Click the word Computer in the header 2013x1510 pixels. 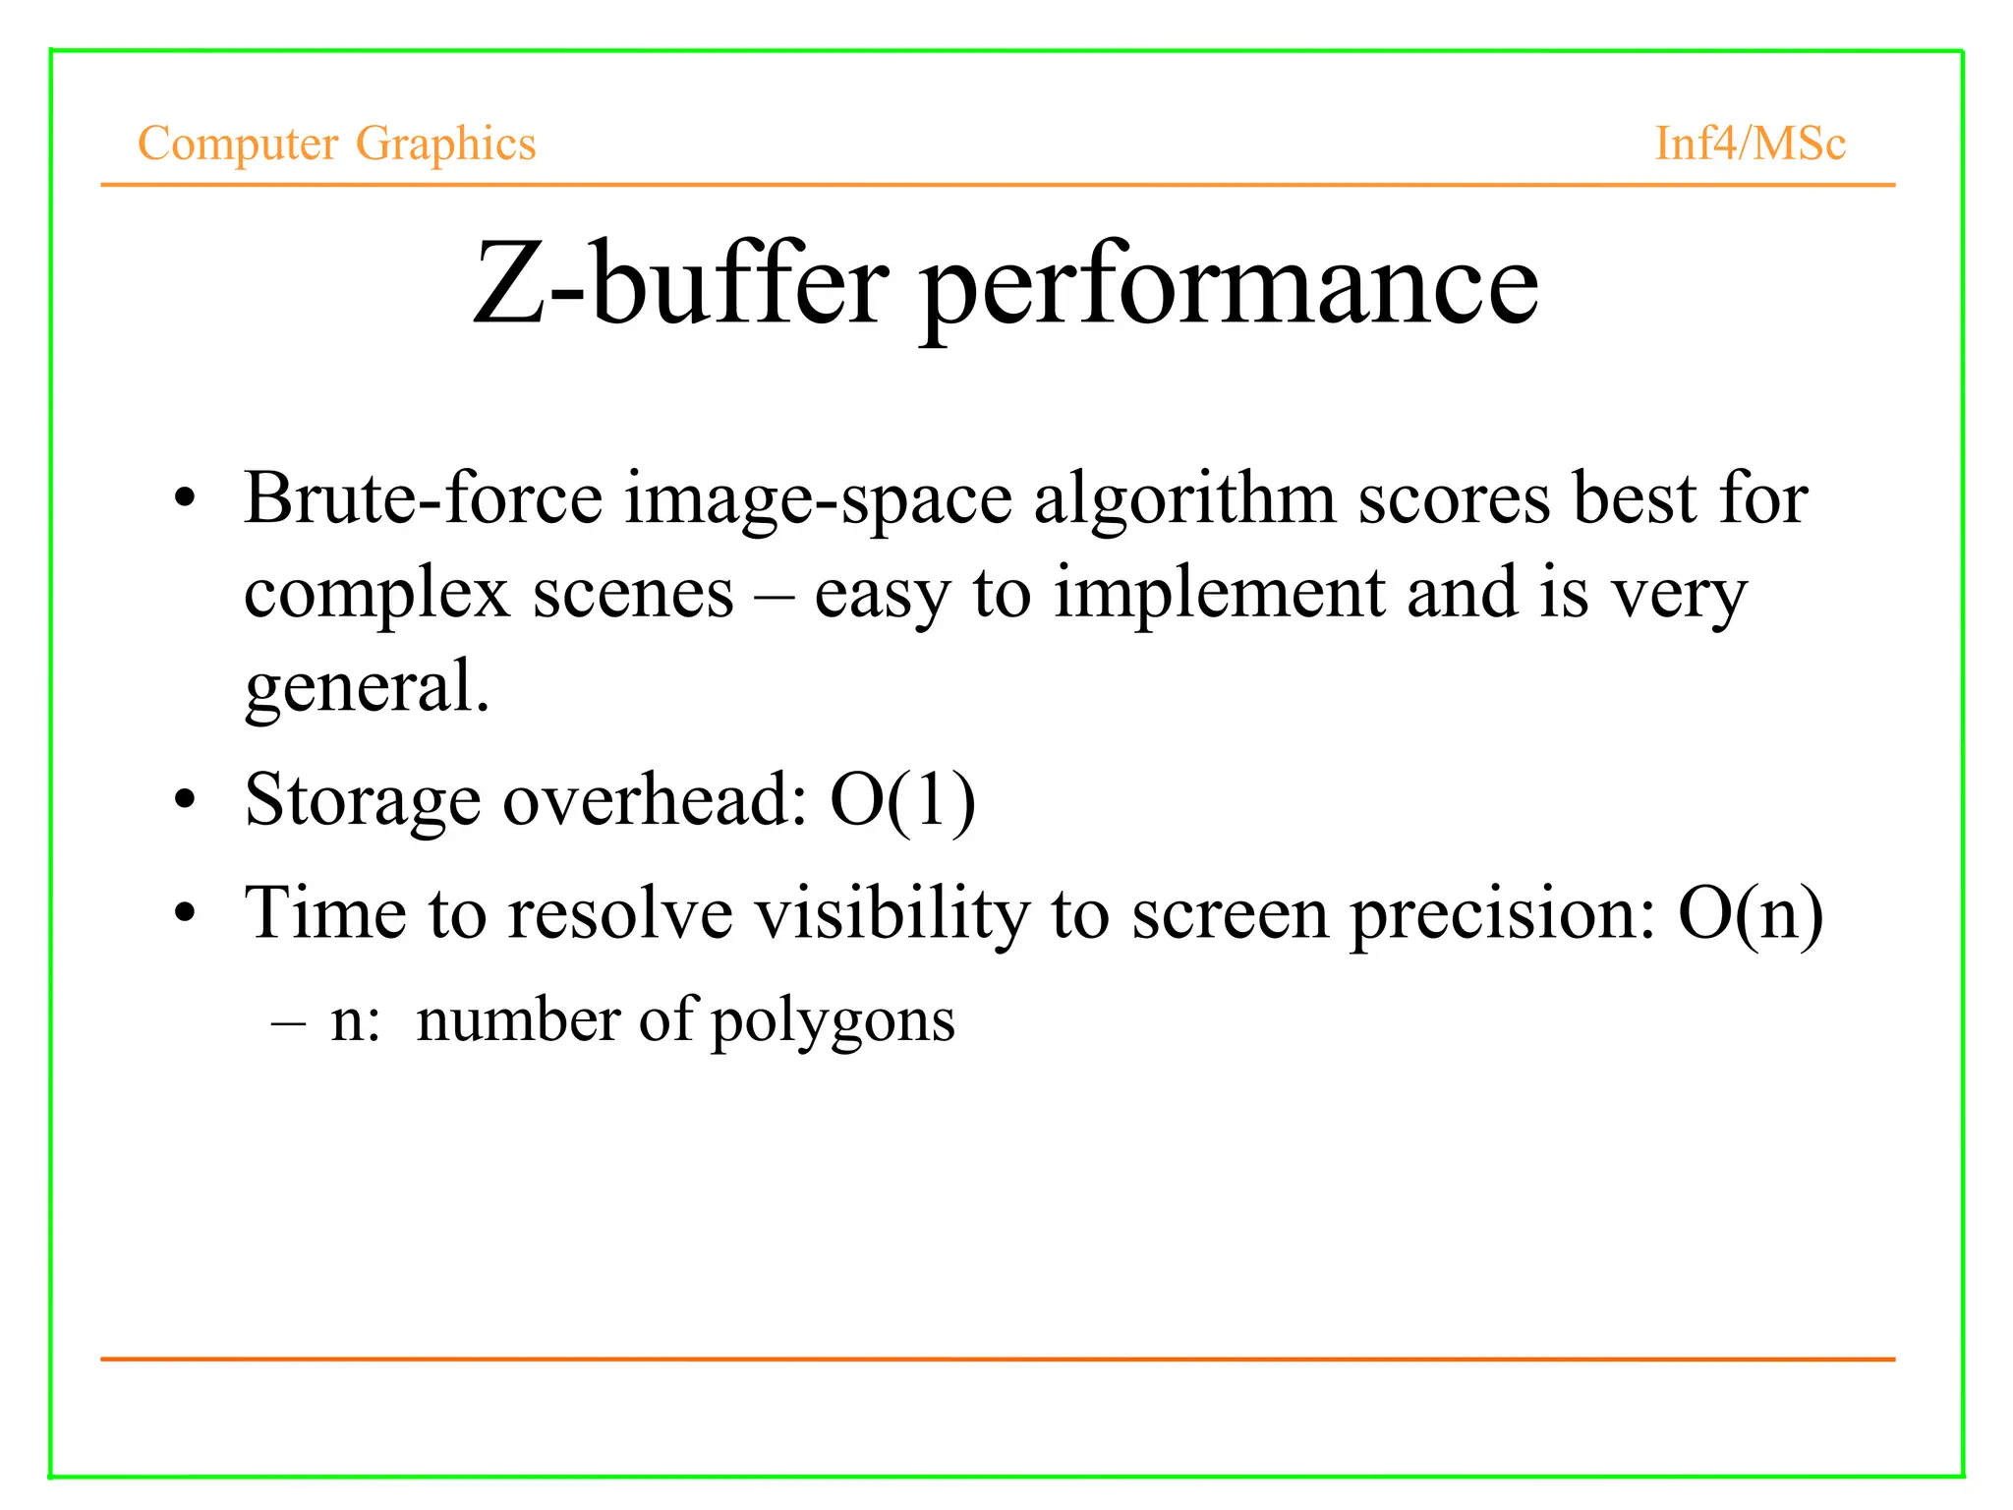click(x=237, y=144)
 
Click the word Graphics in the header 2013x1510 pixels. click(x=445, y=144)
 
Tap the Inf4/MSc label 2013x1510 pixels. click(x=1750, y=144)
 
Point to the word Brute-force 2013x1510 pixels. click(x=423, y=498)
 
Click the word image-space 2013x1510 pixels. click(x=818, y=500)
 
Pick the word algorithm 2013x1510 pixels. click(x=1184, y=500)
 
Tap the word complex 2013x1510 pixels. click(x=376, y=595)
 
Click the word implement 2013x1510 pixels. click(x=1219, y=595)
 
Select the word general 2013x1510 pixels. click(x=366, y=687)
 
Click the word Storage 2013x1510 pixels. click(x=362, y=800)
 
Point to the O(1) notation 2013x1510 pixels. click(x=902, y=800)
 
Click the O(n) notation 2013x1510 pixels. click(x=1750, y=914)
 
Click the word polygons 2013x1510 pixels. click(x=833, y=1022)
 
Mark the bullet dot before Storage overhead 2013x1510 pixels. click(x=185, y=800)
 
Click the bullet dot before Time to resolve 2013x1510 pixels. click(x=185, y=914)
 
